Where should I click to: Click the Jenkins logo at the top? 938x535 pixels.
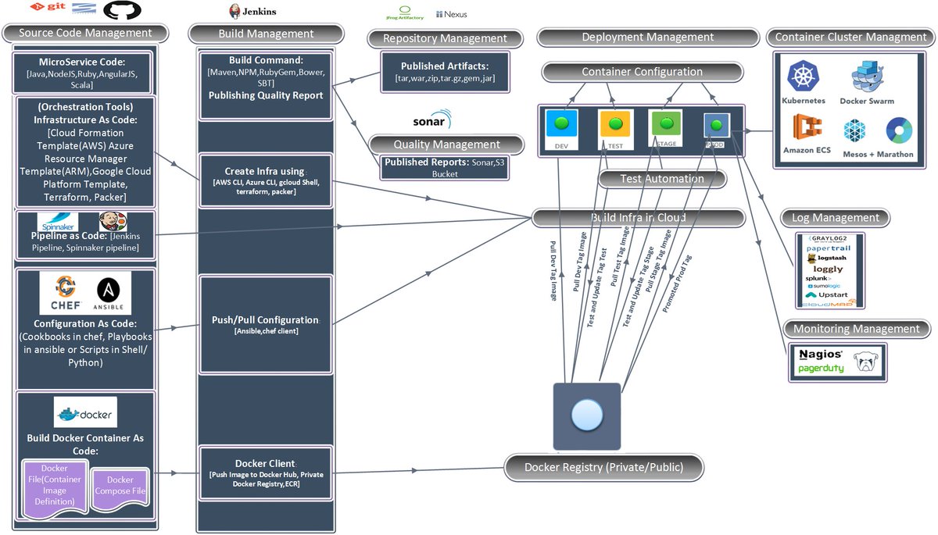(x=252, y=12)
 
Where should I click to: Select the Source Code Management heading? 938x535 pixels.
(x=85, y=33)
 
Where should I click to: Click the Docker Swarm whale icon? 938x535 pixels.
(x=867, y=77)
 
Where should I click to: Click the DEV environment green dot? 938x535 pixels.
(x=561, y=123)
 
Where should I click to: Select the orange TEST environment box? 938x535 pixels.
(x=614, y=125)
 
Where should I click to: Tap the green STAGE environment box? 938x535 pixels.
(x=665, y=124)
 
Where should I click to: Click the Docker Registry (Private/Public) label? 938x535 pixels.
(x=603, y=467)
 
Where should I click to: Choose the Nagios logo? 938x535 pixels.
(x=821, y=354)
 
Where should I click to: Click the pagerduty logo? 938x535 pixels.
(x=821, y=368)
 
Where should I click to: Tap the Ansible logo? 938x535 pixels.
(x=109, y=293)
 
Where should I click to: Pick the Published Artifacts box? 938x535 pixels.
(x=444, y=72)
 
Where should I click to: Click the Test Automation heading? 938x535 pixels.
(x=661, y=179)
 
